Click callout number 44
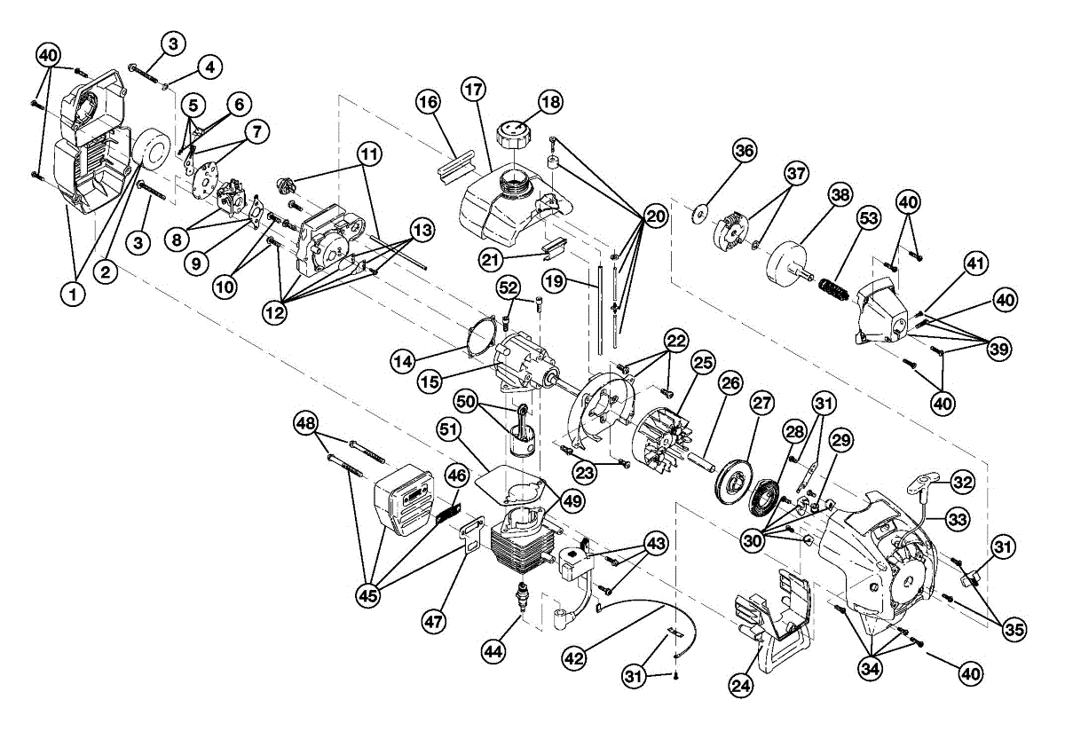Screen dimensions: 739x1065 [494, 650]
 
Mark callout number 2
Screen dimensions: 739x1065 [106, 273]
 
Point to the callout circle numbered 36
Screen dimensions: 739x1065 [745, 152]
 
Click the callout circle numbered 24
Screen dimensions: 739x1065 [743, 685]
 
